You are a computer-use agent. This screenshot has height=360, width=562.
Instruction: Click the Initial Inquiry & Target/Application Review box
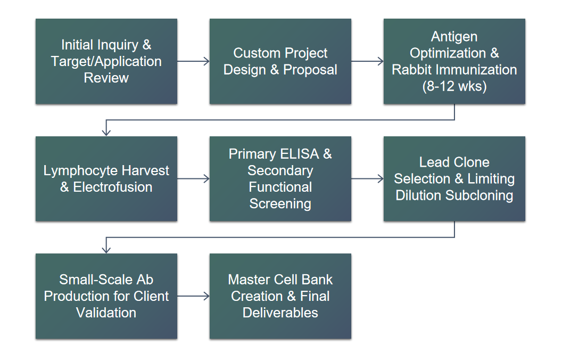(106, 61)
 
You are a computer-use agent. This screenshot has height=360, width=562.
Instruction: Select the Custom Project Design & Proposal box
(280, 61)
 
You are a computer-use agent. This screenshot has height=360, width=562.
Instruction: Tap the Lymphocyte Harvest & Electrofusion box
(106, 178)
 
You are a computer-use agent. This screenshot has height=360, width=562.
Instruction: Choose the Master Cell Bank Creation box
(280, 296)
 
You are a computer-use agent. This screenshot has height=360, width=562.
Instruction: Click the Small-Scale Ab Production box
(106, 296)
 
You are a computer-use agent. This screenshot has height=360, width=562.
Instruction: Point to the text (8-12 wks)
(454, 86)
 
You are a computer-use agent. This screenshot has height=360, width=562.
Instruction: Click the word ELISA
(300, 154)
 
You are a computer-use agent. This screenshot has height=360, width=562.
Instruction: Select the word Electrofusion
(112, 187)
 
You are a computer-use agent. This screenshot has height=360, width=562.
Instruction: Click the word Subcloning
(479, 196)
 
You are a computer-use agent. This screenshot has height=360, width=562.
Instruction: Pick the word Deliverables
(280, 313)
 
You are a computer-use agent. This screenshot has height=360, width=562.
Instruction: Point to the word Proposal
(310, 70)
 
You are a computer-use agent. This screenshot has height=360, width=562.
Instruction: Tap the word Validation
(106, 313)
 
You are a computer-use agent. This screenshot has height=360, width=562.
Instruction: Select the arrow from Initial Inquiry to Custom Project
(193, 61)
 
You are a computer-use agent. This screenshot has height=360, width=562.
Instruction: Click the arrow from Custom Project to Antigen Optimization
(367, 61)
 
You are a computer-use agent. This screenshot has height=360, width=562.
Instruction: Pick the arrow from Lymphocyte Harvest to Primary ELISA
(193, 178)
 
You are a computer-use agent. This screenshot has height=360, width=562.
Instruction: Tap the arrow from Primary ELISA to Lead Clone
(367, 178)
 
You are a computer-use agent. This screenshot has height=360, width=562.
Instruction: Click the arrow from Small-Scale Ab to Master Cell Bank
(193, 296)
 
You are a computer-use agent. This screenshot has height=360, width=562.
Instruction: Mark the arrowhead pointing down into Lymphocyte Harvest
(106, 133)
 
